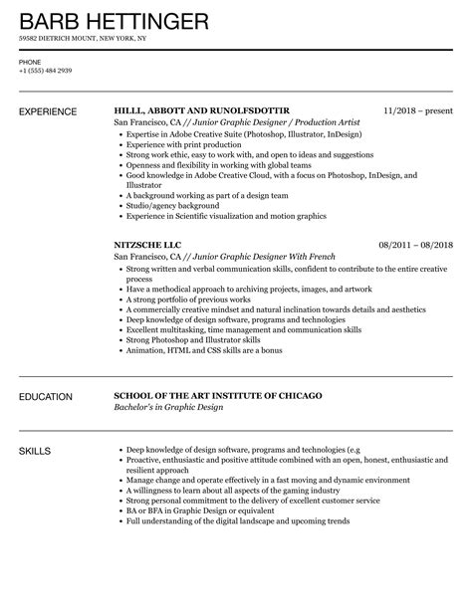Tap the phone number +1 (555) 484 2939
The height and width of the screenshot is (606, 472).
[44, 72]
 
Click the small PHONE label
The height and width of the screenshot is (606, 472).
[29, 62]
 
